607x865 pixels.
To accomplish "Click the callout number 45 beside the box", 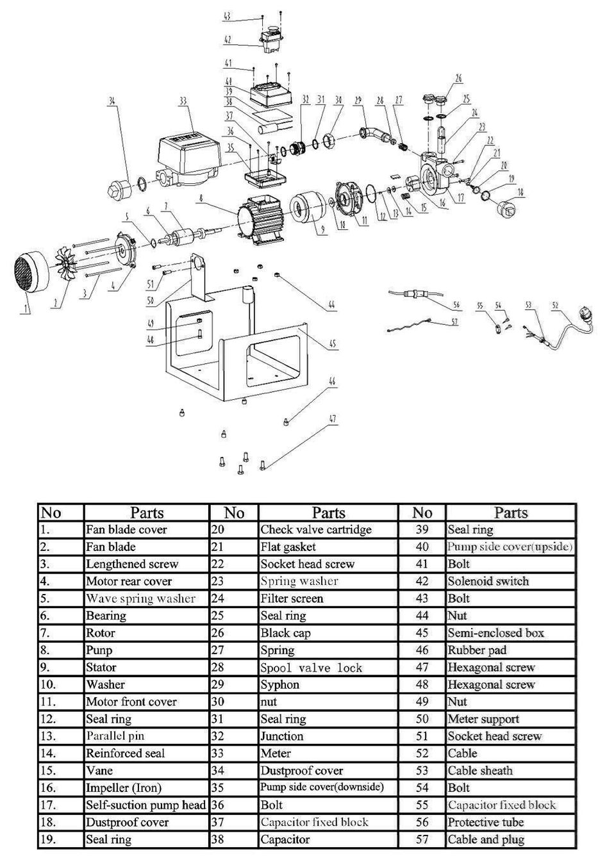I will point(333,344).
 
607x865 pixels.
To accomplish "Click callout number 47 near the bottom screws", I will point(333,420).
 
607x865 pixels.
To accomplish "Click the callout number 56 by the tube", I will point(456,305).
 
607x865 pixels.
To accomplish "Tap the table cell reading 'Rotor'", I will point(101,633).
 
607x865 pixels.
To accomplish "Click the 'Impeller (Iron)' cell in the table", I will point(124,788).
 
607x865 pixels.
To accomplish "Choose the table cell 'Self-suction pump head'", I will point(146,805).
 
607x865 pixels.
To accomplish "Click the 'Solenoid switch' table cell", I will point(488,582).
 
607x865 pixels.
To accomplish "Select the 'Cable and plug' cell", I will point(486,839).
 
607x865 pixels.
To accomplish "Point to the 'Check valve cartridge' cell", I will point(315,530).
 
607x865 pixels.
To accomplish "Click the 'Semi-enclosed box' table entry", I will point(495,633).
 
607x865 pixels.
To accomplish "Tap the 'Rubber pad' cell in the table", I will point(477,650).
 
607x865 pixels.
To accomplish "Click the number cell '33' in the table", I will point(218,754).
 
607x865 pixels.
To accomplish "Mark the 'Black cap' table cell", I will point(285,633).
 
